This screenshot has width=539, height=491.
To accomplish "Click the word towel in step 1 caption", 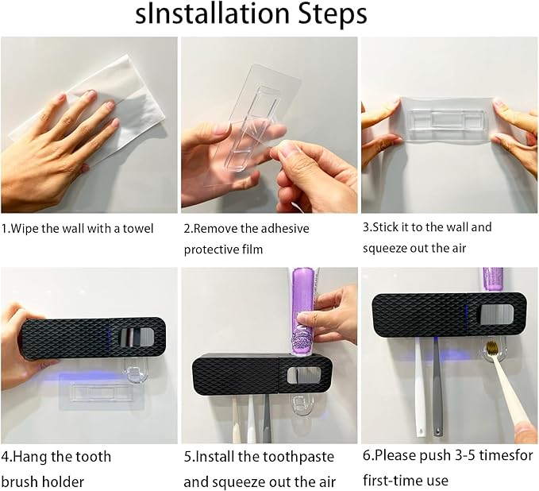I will pos(137,229).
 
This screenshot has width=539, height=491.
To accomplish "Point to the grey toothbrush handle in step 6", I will pos(436,389).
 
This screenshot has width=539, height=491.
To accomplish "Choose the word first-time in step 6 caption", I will pos(398,481).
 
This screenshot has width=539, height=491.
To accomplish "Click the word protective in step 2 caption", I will pos(214,249).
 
